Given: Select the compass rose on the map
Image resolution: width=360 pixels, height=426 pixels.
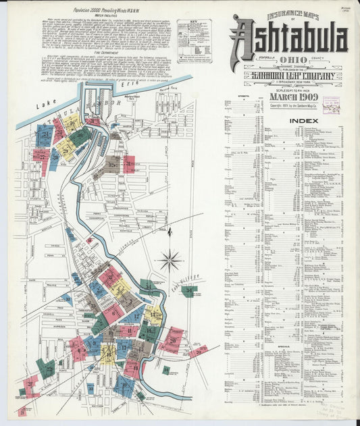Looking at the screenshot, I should (x=170, y=259).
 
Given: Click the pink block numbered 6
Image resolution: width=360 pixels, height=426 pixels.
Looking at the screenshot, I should (x=113, y=312).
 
